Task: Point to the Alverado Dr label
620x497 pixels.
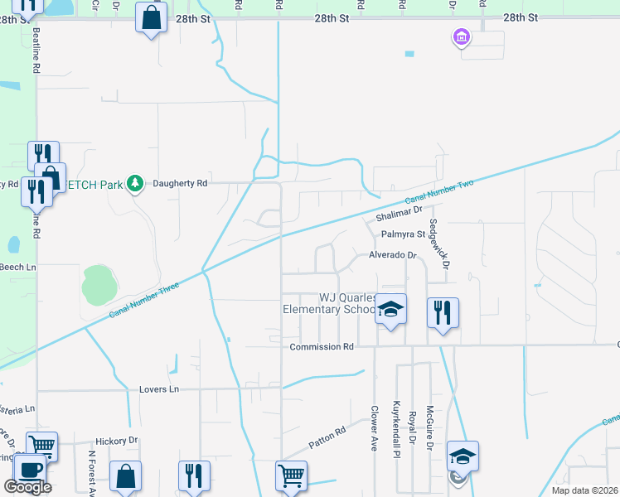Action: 392,256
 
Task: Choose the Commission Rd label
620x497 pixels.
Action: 322,346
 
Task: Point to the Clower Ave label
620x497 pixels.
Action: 374,427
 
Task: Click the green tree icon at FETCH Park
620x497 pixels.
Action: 135,182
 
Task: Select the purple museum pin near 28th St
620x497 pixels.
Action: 460,37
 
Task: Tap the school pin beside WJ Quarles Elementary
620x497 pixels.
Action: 391,311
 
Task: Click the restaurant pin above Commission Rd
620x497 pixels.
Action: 443,312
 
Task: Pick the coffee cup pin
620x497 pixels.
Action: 31,469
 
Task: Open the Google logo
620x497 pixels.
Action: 27,487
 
